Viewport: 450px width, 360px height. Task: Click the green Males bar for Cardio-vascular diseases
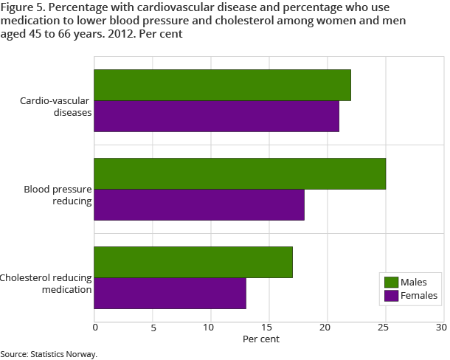pos(223,85)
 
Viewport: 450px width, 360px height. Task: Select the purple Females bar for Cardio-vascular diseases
pos(217,116)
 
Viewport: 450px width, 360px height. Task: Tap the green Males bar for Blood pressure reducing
pos(240,173)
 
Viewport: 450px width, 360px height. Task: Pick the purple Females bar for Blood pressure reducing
pos(199,204)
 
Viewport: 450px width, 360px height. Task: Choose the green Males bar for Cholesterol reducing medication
pos(193,262)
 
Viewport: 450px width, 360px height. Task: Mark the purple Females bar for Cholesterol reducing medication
pos(170,294)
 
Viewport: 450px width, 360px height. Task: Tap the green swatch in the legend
pos(391,283)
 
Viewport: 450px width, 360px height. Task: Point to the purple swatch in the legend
pos(391,296)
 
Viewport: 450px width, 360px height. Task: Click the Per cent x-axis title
pos(261,339)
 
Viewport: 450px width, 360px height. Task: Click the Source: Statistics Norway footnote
pos(49,354)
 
